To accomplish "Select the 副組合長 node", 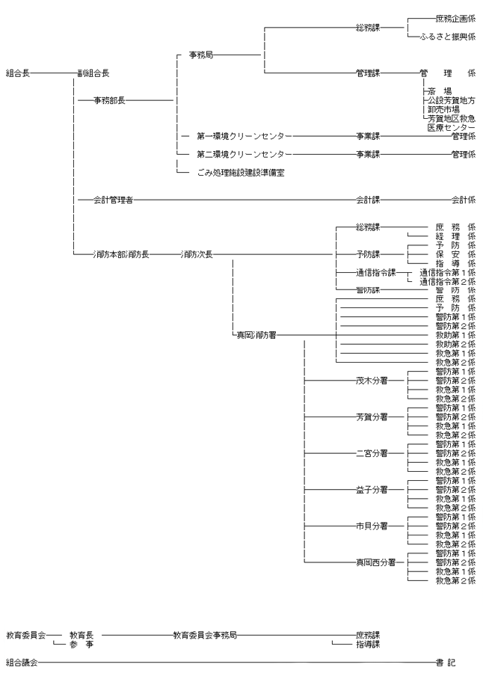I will point(94,73).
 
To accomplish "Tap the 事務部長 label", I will point(109,99).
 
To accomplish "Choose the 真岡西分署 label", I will point(372,562).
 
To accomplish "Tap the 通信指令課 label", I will point(375,272).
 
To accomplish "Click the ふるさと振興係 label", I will point(448,37).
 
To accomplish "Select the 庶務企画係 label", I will point(454,19).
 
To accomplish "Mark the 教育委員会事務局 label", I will point(205,634).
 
